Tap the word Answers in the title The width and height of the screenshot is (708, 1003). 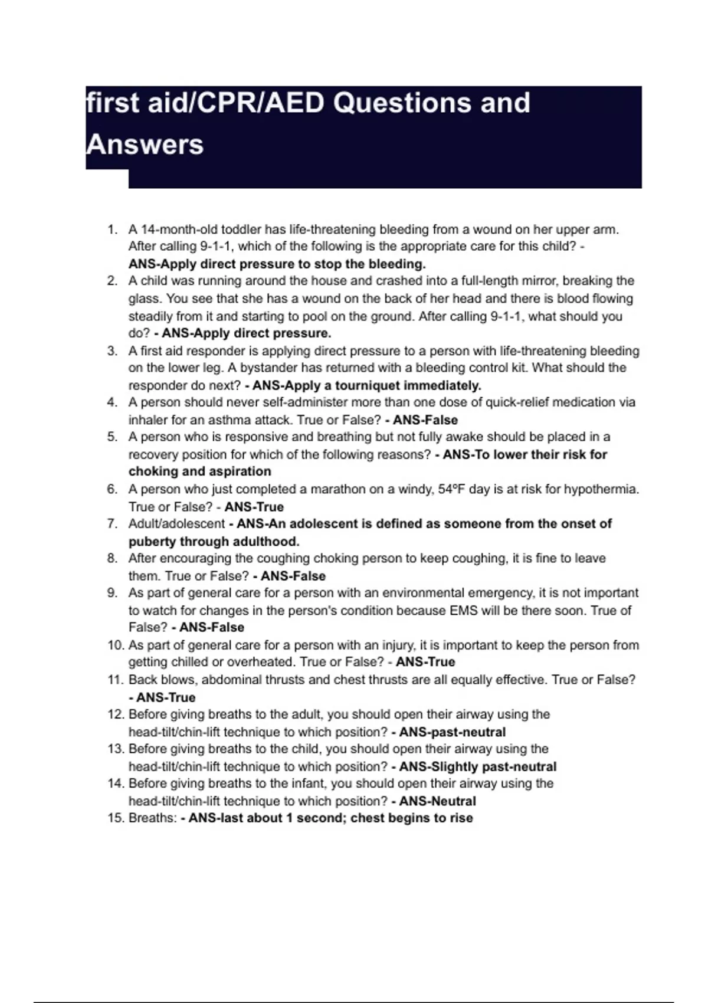pos(145,145)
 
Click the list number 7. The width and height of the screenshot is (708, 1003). pos(112,524)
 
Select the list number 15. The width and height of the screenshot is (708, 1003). pos(115,818)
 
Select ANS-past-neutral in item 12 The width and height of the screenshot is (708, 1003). pos(452,732)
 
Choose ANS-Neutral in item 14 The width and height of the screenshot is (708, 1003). pos(437,801)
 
